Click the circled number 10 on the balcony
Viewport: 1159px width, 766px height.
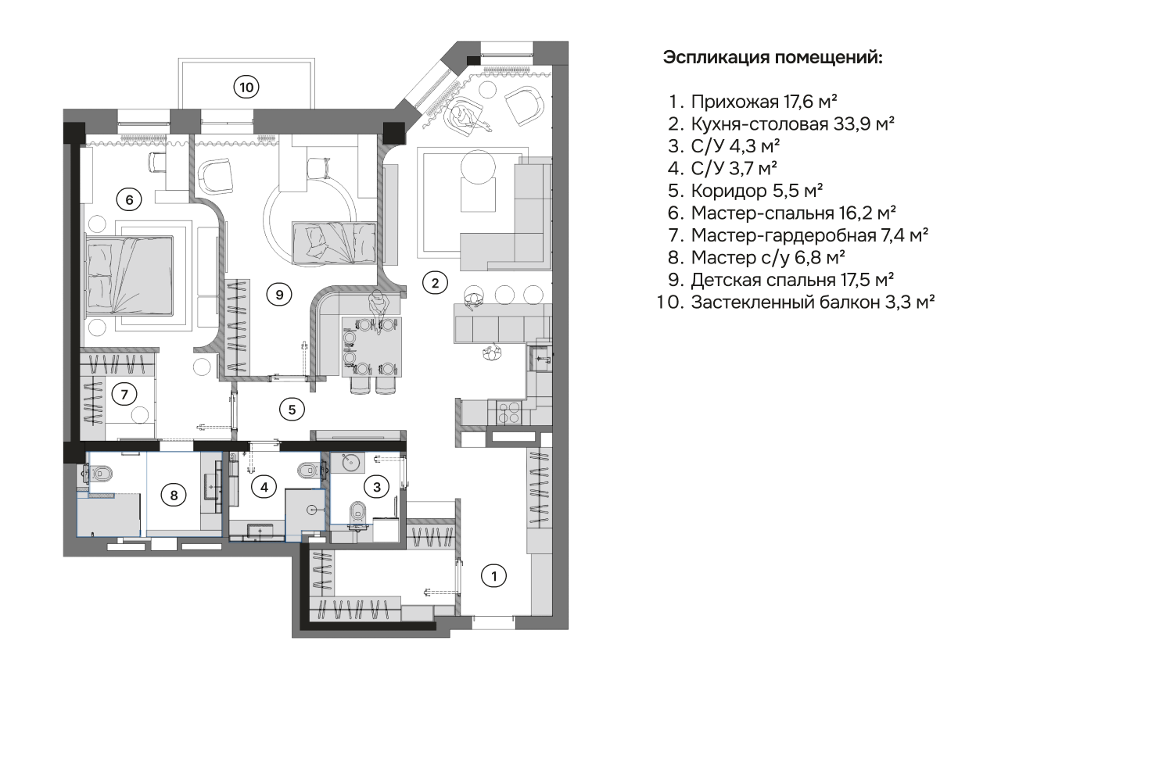[246, 87]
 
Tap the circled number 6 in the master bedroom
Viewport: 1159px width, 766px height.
[129, 199]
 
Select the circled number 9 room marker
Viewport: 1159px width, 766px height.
[278, 294]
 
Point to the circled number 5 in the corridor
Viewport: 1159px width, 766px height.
[291, 408]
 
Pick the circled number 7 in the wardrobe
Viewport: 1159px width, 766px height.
[124, 394]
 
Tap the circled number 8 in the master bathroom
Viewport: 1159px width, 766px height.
[174, 494]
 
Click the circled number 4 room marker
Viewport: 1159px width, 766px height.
[264, 487]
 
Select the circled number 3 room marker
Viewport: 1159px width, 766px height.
[377, 487]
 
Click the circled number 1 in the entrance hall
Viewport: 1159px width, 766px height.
[493, 576]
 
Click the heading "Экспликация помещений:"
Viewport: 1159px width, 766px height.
[773, 57]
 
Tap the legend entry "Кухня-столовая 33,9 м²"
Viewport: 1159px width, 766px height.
[791, 123]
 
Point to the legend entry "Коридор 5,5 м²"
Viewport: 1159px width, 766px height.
[756, 190]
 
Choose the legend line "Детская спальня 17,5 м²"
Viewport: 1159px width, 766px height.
[791, 279]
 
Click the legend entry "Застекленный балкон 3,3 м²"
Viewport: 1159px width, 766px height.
[812, 302]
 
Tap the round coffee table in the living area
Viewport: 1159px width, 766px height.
[479, 167]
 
